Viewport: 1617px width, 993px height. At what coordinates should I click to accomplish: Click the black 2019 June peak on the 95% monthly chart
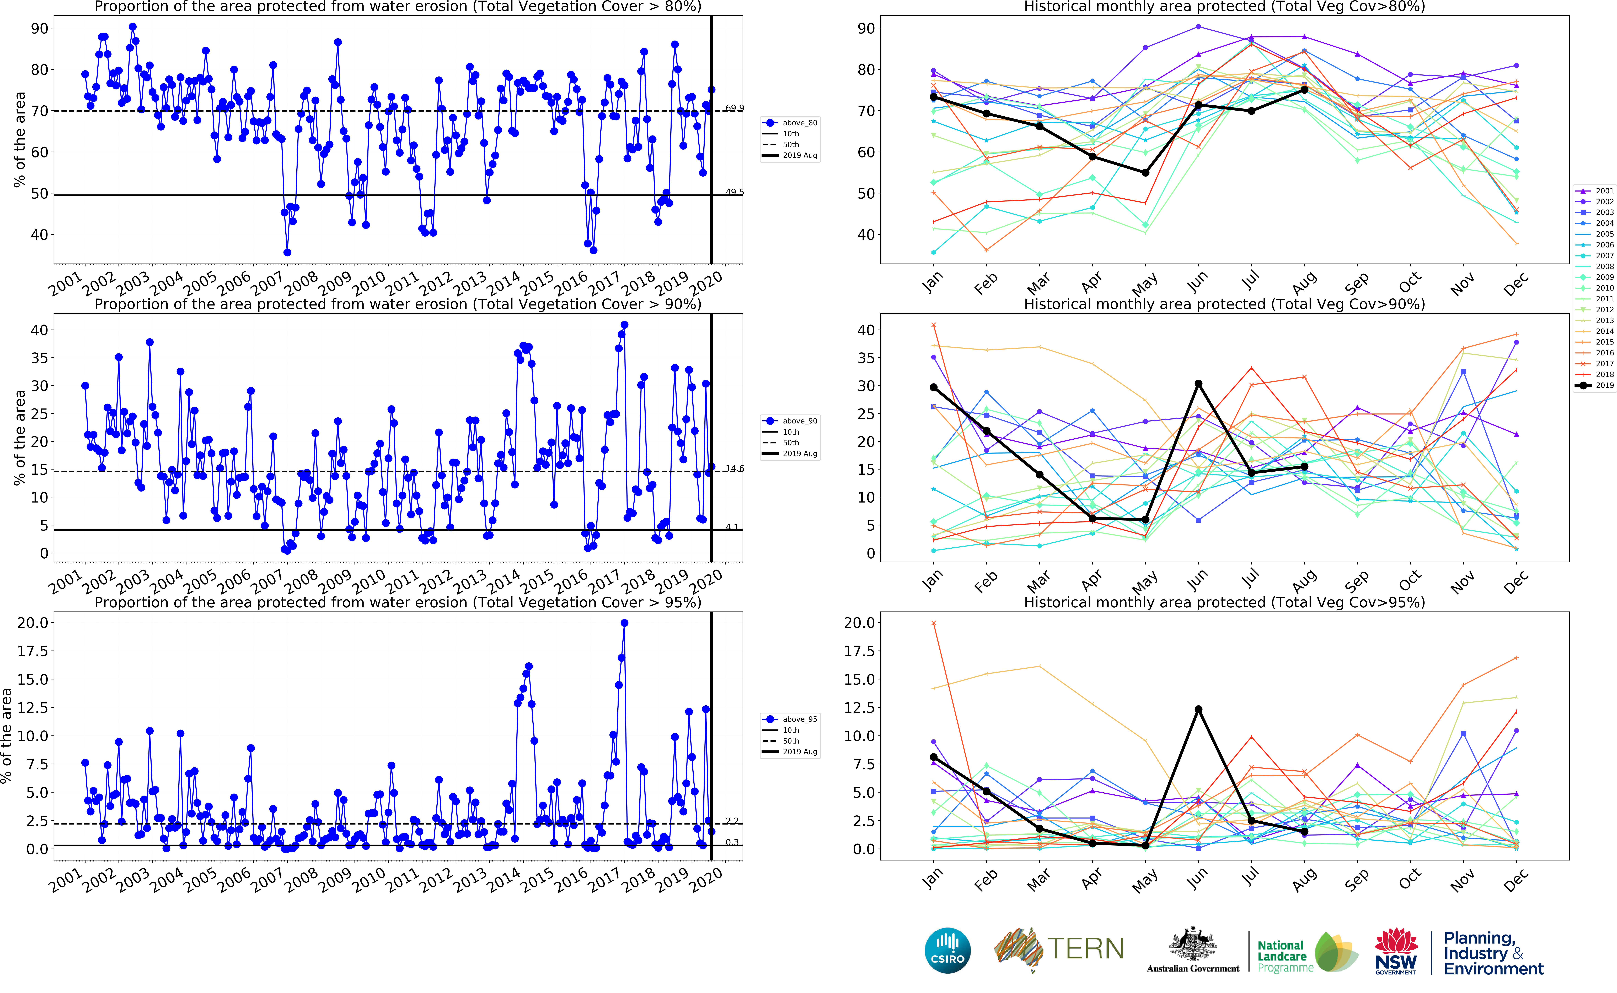click(x=1198, y=709)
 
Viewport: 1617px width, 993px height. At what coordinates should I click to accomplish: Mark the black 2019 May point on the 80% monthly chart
click(x=1145, y=173)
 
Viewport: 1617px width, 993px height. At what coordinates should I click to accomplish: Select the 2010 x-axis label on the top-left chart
click(x=369, y=284)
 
